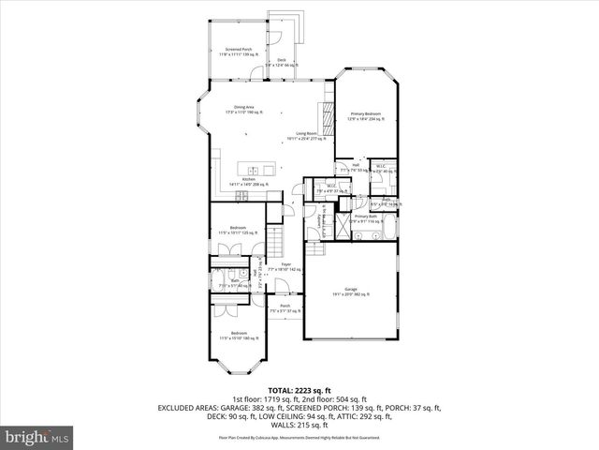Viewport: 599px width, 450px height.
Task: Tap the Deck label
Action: [x=281, y=63]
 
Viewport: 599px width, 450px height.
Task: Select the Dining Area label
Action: [x=246, y=110]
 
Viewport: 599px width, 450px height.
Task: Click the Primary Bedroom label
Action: [x=366, y=116]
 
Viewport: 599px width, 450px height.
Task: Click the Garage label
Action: [x=351, y=292]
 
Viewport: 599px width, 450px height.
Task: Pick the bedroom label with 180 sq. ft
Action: [x=240, y=337]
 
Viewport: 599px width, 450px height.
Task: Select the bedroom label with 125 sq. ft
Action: [x=239, y=230]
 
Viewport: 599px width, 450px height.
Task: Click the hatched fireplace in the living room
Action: [x=328, y=120]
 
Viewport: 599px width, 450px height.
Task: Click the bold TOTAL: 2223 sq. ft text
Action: [x=299, y=389]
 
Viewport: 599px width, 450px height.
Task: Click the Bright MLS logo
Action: [x=37, y=437]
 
